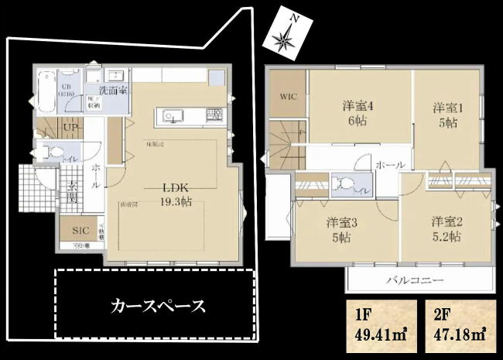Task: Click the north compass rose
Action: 289,36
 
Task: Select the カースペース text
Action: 159,305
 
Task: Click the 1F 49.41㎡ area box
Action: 379,327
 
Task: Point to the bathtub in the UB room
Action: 45,90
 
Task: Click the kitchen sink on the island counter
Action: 170,116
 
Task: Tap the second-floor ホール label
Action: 389,165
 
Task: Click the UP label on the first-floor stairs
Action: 69,127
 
